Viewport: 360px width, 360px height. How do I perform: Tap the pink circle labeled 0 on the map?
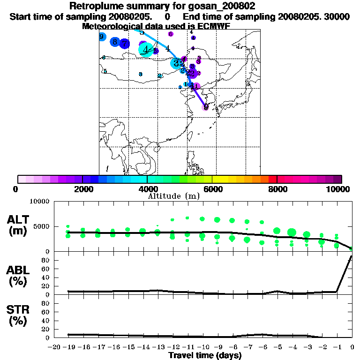click(206, 107)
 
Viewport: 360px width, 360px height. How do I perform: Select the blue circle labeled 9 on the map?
click(102, 37)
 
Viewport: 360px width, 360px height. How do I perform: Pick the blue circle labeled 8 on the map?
click(115, 42)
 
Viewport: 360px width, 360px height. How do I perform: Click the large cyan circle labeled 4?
click(146, 49)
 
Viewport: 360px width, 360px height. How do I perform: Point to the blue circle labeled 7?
click(124, 44)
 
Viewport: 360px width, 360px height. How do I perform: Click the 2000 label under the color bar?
click(82, 189)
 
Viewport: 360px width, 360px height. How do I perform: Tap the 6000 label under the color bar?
click(212, 189)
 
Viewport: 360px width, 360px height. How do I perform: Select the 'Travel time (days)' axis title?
click(205, 355)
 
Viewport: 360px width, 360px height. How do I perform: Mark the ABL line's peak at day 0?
click(352, 256)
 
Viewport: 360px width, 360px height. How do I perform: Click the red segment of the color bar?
click(272, 179)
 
